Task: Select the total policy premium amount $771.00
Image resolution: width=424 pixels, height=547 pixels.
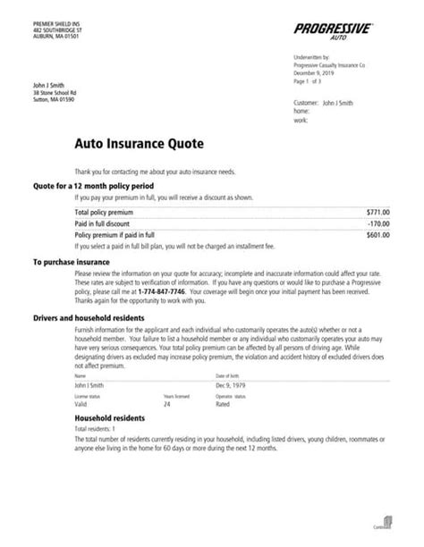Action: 378,211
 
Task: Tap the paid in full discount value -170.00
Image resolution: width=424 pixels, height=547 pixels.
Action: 379,223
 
